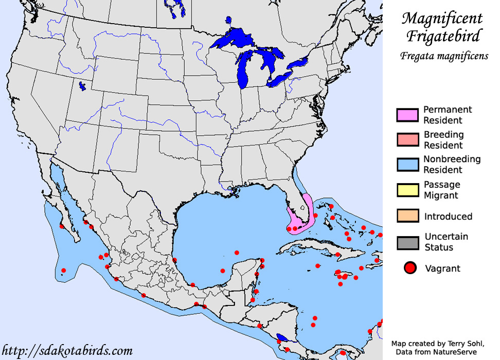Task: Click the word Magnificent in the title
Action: tap(442, 19)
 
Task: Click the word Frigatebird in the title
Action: tap(443, 37)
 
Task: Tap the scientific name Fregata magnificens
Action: tap(444, 56)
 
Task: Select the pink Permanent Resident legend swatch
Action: tap(407, 115)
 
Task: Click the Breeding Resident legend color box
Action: tap(407, 140)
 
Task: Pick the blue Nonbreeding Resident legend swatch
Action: tap(407, 165)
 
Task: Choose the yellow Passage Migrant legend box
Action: tap(407, 190)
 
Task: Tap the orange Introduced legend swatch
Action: tap(407, 216)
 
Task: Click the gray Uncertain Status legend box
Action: tap(407, 242)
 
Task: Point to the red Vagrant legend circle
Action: tap(410, 268)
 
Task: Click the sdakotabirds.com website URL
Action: tap(67, 351)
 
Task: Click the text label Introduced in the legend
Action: tap(448, 217)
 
